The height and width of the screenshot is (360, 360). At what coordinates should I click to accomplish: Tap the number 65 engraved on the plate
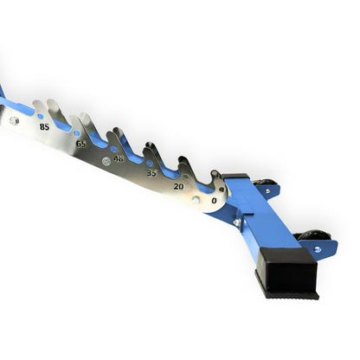(x=80, y=143)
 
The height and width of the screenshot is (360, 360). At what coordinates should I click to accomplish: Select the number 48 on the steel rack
(x=119, y=158)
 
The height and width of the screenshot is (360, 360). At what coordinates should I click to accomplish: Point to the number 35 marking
(x=151, y=173)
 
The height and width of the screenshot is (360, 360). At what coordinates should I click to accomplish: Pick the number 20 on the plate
(x=178, y=186)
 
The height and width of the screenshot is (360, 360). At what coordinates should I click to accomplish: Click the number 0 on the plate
(x=213, y=201)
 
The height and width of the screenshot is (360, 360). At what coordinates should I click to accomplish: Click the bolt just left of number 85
(x=14, y=121)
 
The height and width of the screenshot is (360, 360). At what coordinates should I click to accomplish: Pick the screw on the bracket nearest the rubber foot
(x=317, y=249)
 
